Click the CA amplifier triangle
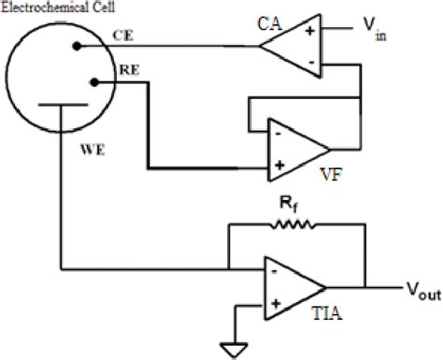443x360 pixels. [x=293, y=45]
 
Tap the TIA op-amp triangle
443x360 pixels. [x=291, y=286]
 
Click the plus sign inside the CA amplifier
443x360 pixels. [x=309, y=32]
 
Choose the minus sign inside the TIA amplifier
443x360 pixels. [x=276, y=271]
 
